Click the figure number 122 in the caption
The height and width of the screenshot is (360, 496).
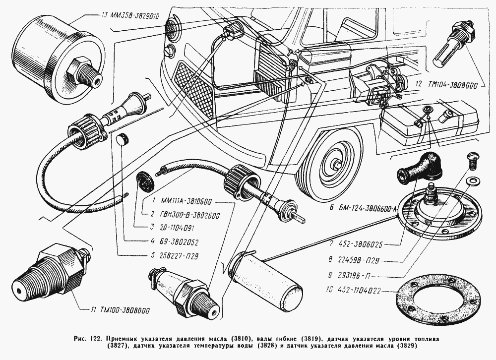click(x=94, y=338)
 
